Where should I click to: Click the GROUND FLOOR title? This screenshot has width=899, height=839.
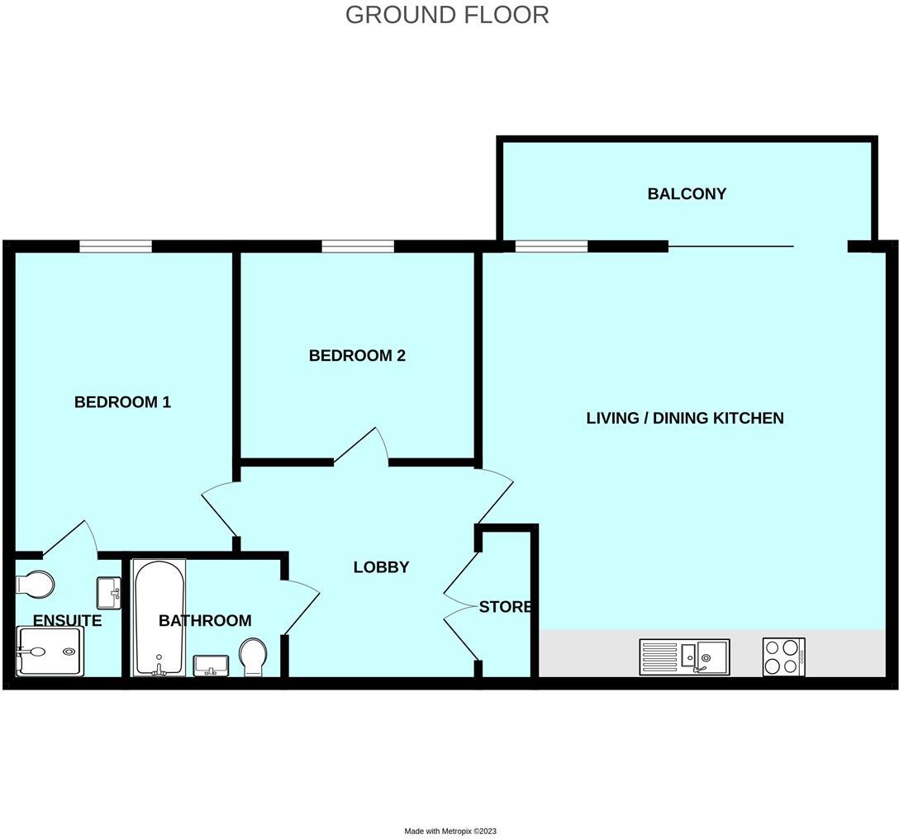pyautogui.click(x=447, y=15)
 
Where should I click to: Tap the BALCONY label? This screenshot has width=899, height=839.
pyautogui.click(x=687, y=194)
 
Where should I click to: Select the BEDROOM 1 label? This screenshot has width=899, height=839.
pyautogui.click(x=122, y=402)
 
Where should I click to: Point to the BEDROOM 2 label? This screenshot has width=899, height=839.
pyautogui.click(x=357, y=356)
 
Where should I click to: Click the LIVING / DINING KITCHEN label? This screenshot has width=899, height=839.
pyautogui.click(x=684, y=418)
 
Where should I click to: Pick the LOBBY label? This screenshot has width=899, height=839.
pyautogui.click(x=381, y=567)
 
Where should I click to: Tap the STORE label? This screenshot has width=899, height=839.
pyautogui.click(x=505, y=607)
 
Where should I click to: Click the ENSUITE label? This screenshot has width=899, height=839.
pyautogui.click(x=67, y=620)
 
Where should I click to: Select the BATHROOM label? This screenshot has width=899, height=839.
pyautogui.click(x=205, y=620)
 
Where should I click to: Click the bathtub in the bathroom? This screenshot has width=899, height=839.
pyautogui.click(x=159, y=615)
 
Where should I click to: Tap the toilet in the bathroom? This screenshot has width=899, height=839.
pyautogui.click(x=253, y=657)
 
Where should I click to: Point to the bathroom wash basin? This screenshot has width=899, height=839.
pyautogui.click(x=212, y=664)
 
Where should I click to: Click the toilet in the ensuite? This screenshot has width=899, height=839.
pyautogui.click(x=35, y=584)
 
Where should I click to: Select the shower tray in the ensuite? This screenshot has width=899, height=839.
pyautogui.click(x=50, y=651)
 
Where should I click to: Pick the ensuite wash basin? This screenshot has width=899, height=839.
pyautogui.click(x=109, y=590)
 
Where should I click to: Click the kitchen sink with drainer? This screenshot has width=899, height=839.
pyautogui.click(x=684, y=657)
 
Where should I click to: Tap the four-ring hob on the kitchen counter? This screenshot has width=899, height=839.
pyautogui.click(x=783, y=657)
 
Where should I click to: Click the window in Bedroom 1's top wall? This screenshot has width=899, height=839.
pyautogui.click(x=116, y=245)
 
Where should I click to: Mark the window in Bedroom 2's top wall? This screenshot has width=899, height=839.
pyautogui.click(x=358, y=245)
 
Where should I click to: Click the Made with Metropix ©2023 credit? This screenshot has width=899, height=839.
pyautogui.click(x=450, y=831)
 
